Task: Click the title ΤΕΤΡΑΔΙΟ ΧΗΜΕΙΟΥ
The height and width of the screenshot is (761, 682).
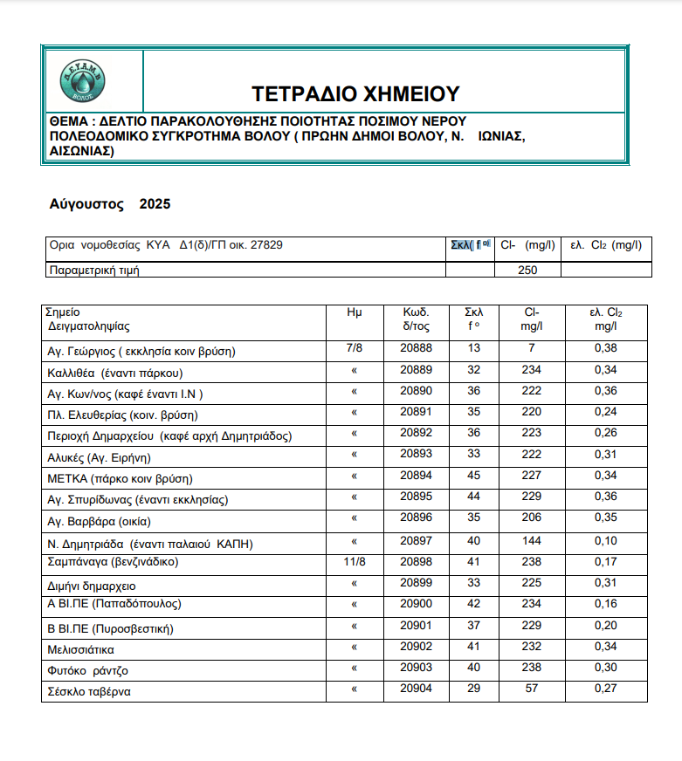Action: [x=355, y=93]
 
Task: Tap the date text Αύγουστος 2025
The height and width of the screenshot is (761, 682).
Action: [x=110, y=205]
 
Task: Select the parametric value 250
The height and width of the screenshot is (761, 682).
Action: [x=527, y=270]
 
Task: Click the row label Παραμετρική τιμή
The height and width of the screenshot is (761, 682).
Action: [x=94, y=270]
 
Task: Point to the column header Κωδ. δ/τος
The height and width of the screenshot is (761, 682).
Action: [x=416, y=319]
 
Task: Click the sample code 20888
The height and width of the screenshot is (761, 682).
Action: [x=416, y=349]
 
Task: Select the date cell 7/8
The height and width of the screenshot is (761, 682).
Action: [x=354, y=349]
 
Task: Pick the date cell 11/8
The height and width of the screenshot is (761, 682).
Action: [x=354, y=562]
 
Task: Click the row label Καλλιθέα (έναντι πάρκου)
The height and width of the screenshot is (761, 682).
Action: [x=114, y=373]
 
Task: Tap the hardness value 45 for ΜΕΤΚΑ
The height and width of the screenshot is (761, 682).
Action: [x=474, y=476]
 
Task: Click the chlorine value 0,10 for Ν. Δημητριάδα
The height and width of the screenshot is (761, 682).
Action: [x=604, y=541]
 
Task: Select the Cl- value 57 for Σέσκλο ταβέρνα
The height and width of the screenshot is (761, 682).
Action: [x=531, y=689]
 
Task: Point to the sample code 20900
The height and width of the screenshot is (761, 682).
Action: [x=416, y=604]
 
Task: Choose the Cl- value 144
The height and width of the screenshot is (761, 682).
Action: [x=531, y=541]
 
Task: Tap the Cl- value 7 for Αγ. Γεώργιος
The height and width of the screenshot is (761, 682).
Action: [x=531, y=349]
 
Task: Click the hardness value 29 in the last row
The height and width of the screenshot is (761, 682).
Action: [x=474, y=689]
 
